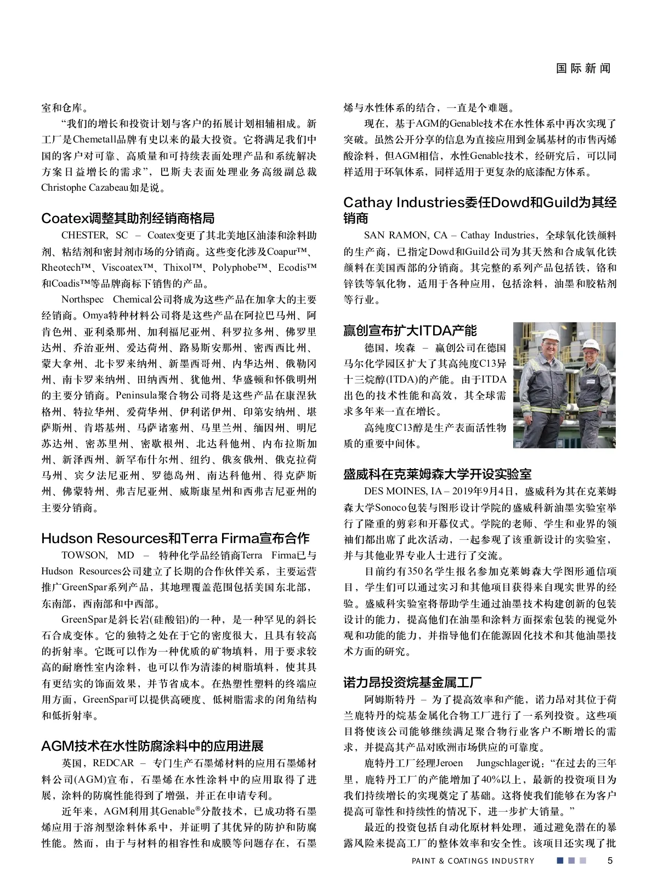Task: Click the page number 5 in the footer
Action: [610, 860]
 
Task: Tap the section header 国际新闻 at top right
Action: [583, 69]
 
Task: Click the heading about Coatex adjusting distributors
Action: [128, 218]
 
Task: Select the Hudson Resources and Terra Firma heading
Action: [175, 538]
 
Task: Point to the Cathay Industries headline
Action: [480, 210]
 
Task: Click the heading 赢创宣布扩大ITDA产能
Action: [410, 330]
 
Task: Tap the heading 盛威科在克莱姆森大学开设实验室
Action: [438, 474]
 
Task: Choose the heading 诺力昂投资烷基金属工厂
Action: [412, 682]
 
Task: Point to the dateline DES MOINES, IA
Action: [400, 491]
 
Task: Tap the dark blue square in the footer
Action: [560, 860]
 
